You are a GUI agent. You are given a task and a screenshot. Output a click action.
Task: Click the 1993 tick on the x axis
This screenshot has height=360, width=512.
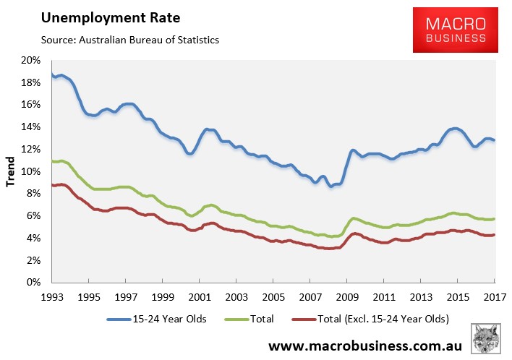pos(51,297)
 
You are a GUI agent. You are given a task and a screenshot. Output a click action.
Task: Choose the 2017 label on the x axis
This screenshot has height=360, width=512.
pos(495,297)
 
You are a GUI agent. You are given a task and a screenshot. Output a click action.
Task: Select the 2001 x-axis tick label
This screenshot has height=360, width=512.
pos(199,297)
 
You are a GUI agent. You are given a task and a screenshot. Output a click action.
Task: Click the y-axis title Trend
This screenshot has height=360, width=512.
pos(11,171)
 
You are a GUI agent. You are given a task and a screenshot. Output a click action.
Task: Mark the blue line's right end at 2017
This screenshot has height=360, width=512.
pos(495,140)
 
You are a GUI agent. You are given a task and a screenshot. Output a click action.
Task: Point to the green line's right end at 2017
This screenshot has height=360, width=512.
pos(495,218)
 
